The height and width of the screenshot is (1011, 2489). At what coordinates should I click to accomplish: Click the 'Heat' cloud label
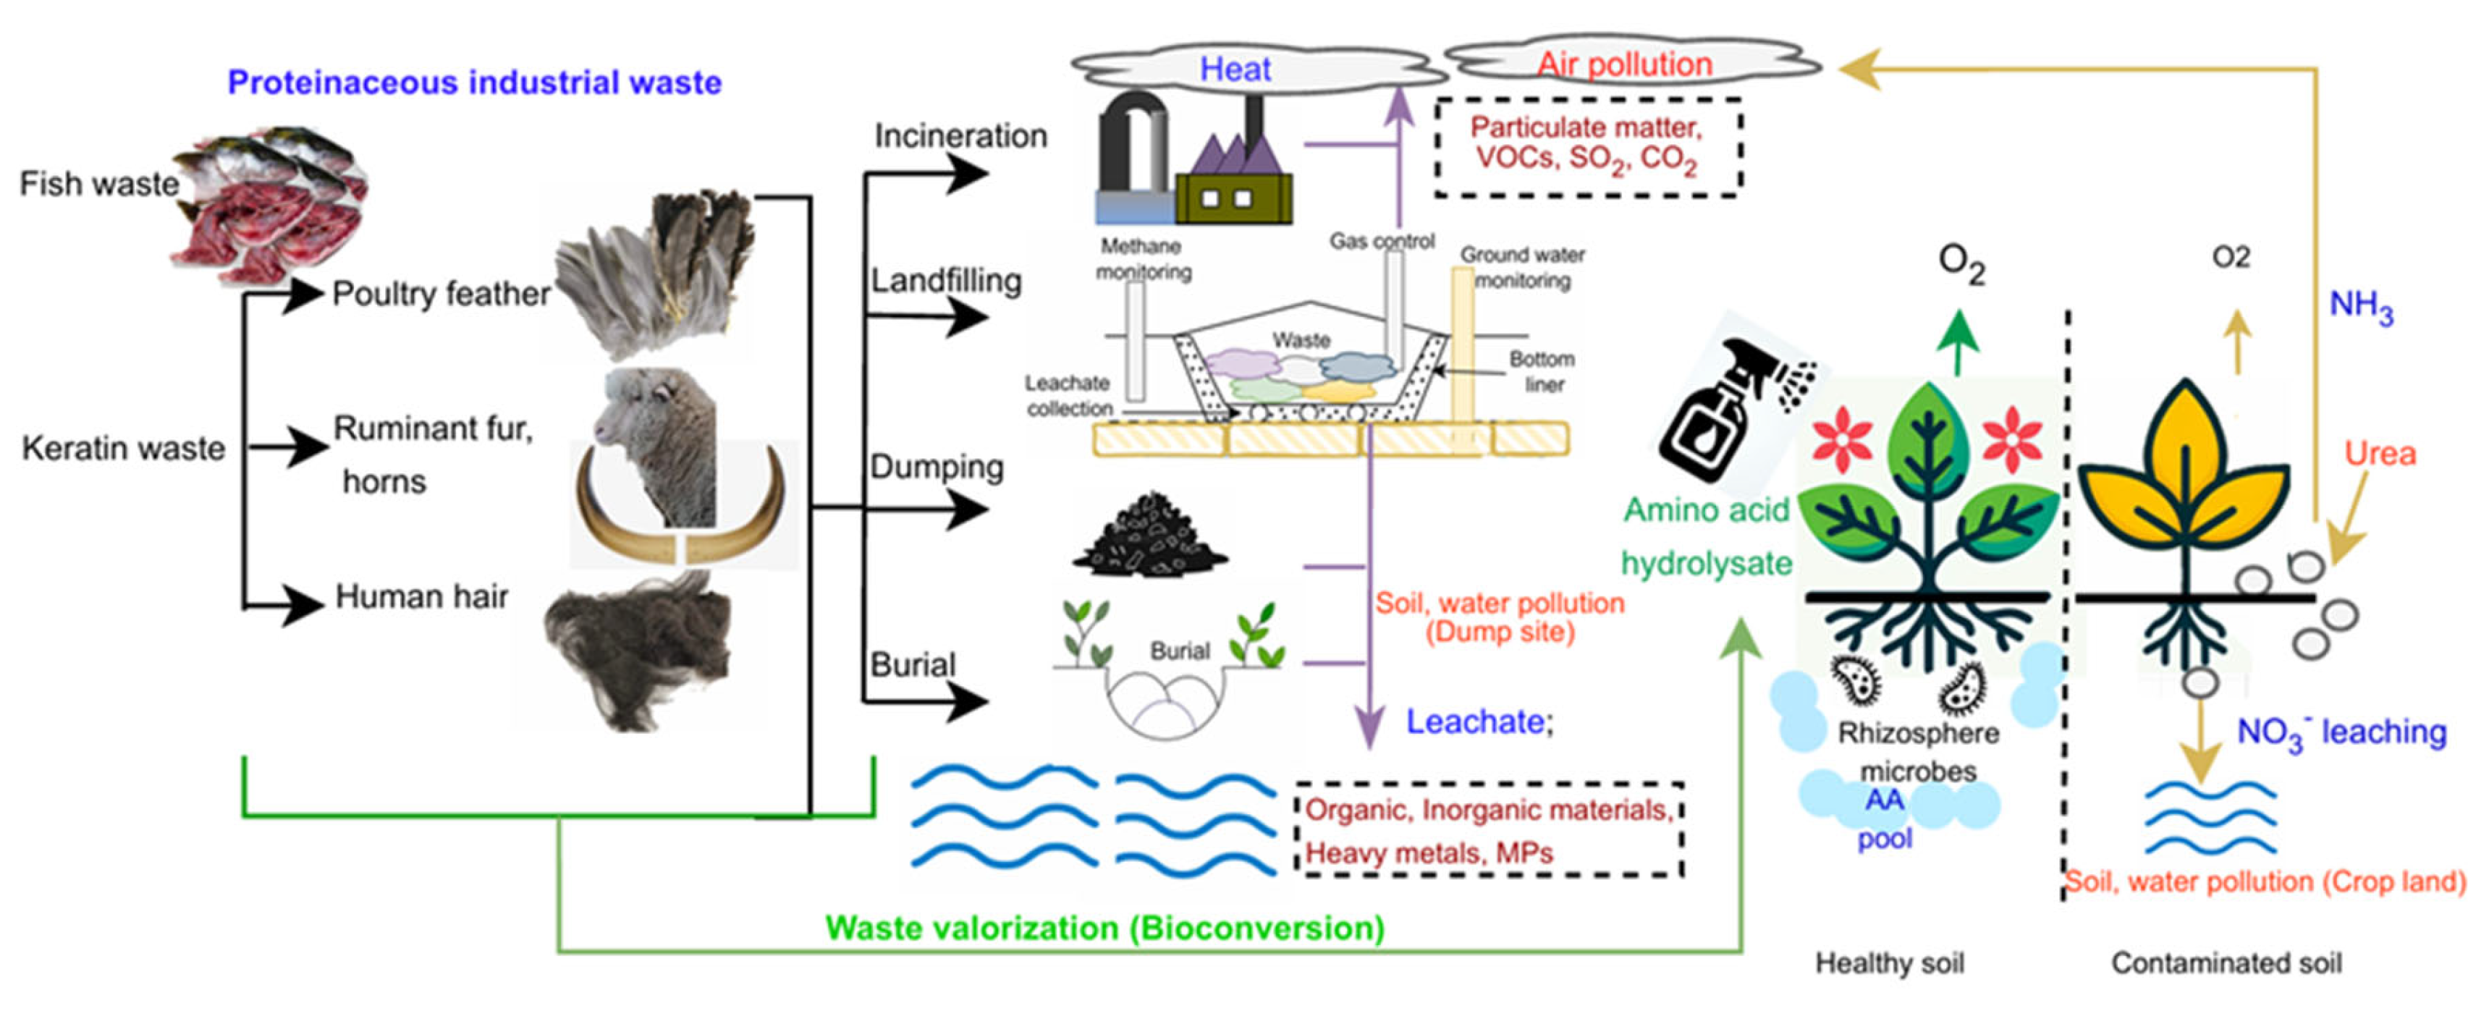(x=1235, y=69)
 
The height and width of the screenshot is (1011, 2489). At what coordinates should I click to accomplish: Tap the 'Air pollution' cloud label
(x=1624, y=64)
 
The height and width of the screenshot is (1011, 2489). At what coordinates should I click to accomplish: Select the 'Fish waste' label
(x=98, y=184)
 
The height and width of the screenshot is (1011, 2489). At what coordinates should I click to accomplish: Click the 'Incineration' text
(x=960, y=136)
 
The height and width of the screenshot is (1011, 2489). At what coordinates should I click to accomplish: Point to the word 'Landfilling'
(x=946, y=282)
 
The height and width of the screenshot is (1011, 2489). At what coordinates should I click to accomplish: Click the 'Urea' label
(x=2379, y=453)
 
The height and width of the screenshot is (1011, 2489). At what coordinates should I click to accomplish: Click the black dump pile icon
(x=1150, y=535)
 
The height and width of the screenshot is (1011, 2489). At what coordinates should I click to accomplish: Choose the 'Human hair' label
(x=421, y=597)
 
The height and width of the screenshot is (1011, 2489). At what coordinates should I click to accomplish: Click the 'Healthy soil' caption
(x=1889, y=963)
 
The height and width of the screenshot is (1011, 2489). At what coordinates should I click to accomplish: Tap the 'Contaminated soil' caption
(x=2226, y=963)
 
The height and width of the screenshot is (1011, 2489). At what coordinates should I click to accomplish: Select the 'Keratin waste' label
(x=123, y=449)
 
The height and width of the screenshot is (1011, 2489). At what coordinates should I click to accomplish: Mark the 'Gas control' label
(x=1382, y=241)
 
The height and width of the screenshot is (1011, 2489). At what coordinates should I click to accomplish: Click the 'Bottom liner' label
(x=1542, y=371)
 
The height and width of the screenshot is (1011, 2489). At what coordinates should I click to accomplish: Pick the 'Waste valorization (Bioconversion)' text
(x=1104, y=928)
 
